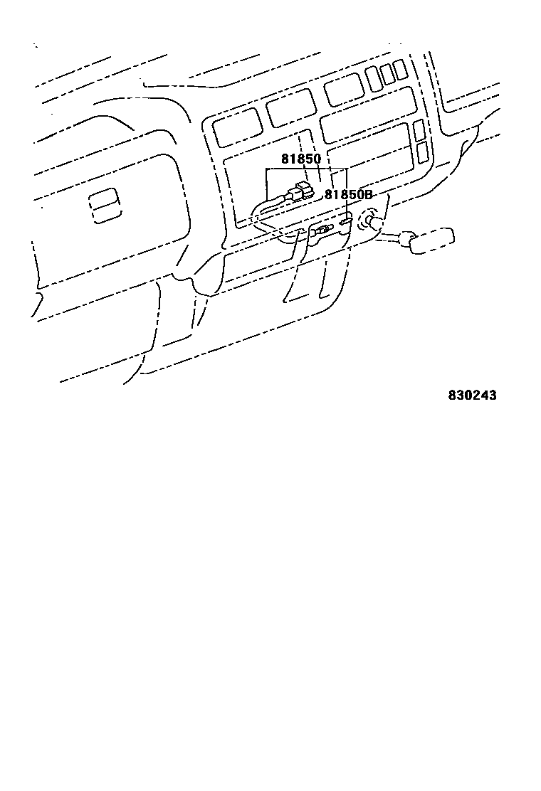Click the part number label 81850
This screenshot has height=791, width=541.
pyautogui.click(x=300, y=159)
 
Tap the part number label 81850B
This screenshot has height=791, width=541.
pyautogui.click(x=348, y=194)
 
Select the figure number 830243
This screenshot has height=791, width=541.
pyautogui.click(x=472, y=395)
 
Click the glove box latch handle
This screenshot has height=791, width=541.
pyautogui.click(x=105, y=206)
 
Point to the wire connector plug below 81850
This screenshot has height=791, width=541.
pyautogui.click(x=298, y=192)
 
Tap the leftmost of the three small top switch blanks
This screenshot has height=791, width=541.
pyautogui.click(x=374, y=78)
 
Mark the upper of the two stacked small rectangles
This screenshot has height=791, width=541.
pyautogui.click(x=419, y=129)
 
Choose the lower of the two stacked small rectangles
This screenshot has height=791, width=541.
pyautogui.click(x=421, y=151)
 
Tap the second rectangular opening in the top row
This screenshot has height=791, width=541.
pyautogui.click(x=290, y=108)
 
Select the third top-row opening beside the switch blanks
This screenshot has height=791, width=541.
pyautogui.click(x=343, y=90)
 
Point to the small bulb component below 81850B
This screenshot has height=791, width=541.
pyautogui.click(x=322, y=230)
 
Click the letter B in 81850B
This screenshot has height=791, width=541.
pyautogui.click(x=368, y=194)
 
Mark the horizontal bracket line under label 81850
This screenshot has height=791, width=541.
pyautogui.click(x=306, y=169)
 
